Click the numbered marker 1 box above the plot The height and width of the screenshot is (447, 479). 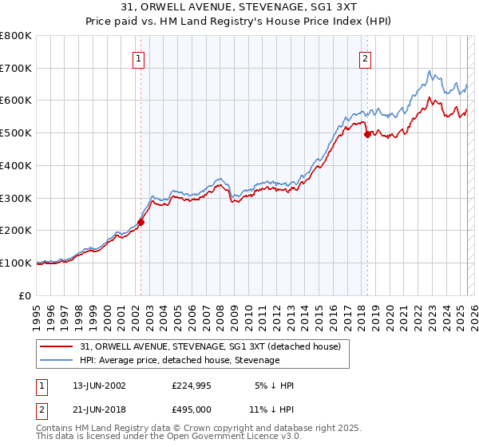pyautogui.click(x=139, y=57)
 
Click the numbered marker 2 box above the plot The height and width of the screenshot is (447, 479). pyautogui.click(x=365, y=57)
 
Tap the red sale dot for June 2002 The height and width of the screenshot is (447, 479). pyautogui.click(x=141, y=222)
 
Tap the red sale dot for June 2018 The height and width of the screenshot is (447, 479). pyautogui.click(x=367, y=134)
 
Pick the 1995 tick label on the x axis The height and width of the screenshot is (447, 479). pyautogui.click(x=36, y=311)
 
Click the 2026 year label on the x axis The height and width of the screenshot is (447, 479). pyautogui.click(x=472, y=311)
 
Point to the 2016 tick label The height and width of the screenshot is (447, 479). pyautogui.click(x=331, y=311)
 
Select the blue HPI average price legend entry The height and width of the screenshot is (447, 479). pyautogui.click(x=180, y=360)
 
